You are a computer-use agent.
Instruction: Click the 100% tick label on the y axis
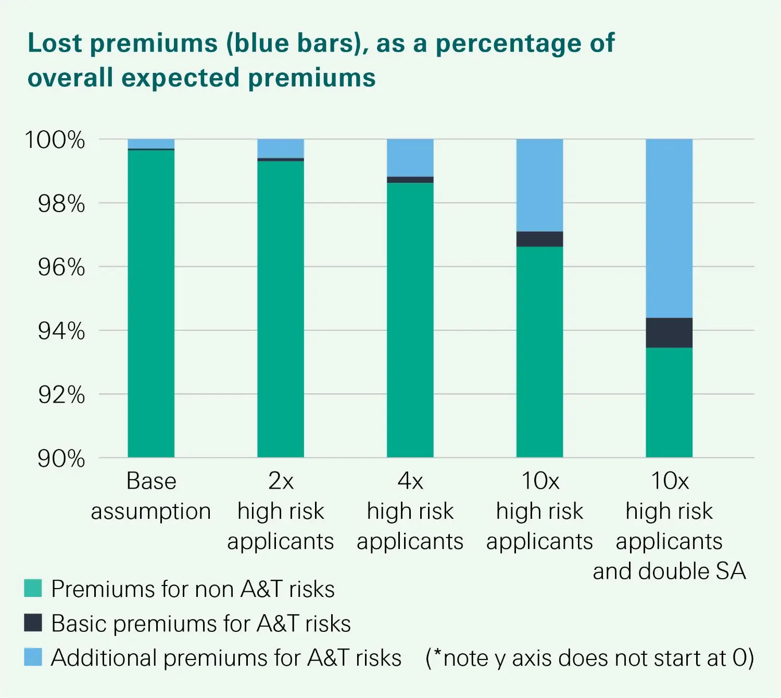coord(55,140)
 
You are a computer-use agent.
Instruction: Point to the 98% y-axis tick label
coord(61,204)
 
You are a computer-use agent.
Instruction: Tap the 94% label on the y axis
coord(61,331)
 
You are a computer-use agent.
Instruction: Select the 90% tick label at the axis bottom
coord(61,459)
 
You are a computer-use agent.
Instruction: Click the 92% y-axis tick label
coord(61,395)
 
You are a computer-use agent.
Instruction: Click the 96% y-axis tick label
coord(61,267)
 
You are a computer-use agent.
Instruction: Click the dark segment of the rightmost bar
coord(669,332)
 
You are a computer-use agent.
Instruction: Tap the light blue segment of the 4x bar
coord(410,157)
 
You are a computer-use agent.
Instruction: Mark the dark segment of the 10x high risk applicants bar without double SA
coord(539,239)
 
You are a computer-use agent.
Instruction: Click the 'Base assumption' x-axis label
coord(151,496)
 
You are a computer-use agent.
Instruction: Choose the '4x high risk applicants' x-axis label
coord(410,511)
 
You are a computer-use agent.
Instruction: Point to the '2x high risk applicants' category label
coord(281,511)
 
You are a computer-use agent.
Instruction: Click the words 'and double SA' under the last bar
coord(669,571)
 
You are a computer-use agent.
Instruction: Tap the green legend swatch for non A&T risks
coord(33,588)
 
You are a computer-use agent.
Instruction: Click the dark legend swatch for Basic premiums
coord(33,622)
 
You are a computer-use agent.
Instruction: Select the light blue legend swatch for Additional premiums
coord(33,657)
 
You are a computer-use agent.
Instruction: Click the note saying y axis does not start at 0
coord(589,658)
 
